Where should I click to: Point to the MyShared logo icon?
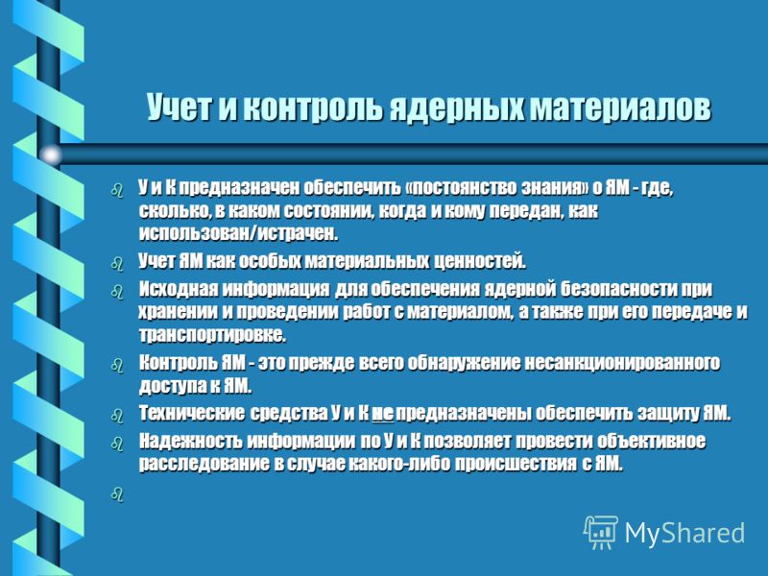click(601, 533)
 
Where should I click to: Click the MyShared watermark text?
click(684, 533)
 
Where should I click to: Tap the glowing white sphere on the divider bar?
click(51, 155)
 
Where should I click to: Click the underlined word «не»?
click(382, 414)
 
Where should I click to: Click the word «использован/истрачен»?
click(238, 233)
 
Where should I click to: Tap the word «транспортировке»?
click(212, 335)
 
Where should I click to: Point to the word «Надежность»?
click(190, 441)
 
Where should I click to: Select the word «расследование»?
click(204, 464)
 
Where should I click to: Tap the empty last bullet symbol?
click(117, 494)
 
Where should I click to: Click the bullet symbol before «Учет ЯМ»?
click(117, 263)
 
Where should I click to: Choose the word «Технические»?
click(191, 414)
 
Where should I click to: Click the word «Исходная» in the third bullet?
click(178, 289)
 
